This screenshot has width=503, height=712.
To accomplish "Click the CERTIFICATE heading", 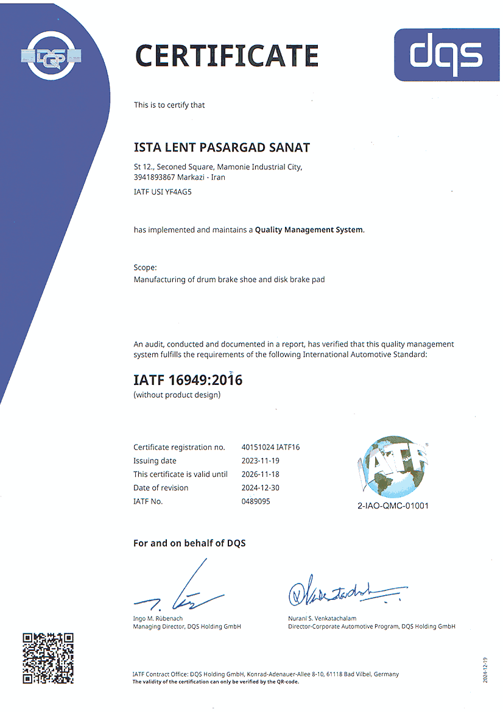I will [227, 55].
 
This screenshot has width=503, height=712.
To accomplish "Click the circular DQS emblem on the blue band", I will [51, 57].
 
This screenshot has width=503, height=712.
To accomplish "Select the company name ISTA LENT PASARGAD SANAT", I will [222, 147].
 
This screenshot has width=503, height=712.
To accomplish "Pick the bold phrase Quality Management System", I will [309, 230].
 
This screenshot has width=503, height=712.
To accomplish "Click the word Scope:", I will [145, 267].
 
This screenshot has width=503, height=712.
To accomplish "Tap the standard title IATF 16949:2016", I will [188, 380].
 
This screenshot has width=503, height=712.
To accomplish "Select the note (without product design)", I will [177, 395].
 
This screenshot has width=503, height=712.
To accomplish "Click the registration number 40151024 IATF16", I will [270, 447].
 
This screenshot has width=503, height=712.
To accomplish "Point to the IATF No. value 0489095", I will [256, 501].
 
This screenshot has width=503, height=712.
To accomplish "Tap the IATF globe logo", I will [393, 466].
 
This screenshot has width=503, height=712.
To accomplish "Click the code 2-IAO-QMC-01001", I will [393, 506].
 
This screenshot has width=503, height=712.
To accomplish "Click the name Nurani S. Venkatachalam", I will [322, 618].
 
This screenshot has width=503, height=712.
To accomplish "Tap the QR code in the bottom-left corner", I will [48, 658].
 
